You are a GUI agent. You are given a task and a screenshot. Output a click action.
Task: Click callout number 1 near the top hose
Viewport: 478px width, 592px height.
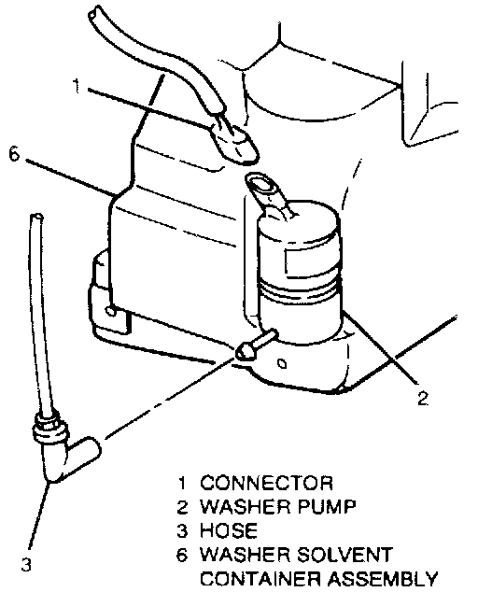pyautogui.click(x=77, y=86)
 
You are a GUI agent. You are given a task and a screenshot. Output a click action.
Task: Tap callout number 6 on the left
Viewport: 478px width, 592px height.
pyautogui.click(x=14, y=154)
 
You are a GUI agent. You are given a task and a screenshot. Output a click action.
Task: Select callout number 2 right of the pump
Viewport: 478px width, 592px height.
pyautogui.click(x=423, y=398)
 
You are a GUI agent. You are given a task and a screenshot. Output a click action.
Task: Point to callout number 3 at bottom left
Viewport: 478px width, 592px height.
pyautogui.click(x=26, y=565)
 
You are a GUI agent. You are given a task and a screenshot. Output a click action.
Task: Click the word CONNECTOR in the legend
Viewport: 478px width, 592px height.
pyautogui.click(x=267, y=483)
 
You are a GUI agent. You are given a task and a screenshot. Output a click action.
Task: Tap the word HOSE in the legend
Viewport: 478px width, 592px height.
pyautogui.click(x=229, y=530)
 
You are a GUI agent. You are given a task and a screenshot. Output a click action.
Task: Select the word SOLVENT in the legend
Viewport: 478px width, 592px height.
pyautogui.click(x=344, y=555)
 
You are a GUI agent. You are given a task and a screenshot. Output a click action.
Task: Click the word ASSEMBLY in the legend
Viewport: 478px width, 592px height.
pyautogui.click(x=382, y=578)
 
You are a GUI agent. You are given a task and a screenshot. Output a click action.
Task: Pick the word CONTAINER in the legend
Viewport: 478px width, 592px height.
pyautogui.click(x=260, y=578)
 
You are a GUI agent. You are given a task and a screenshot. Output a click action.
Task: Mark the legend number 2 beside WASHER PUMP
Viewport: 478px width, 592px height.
pyautogui.click(x=182, y=507)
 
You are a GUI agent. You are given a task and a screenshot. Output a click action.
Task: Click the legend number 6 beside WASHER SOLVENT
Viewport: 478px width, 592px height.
pyautogui.click(x=182, y=555)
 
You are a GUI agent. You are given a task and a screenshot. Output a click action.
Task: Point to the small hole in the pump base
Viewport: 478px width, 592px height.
pyautogui.click(x=282, y=364)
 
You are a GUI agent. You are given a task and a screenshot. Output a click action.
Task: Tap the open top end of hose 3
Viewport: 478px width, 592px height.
pyautogui.click(x=36, y=218)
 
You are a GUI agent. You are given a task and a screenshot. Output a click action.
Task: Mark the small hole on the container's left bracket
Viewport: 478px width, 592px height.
pyautogui.click(x=111, y=311)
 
